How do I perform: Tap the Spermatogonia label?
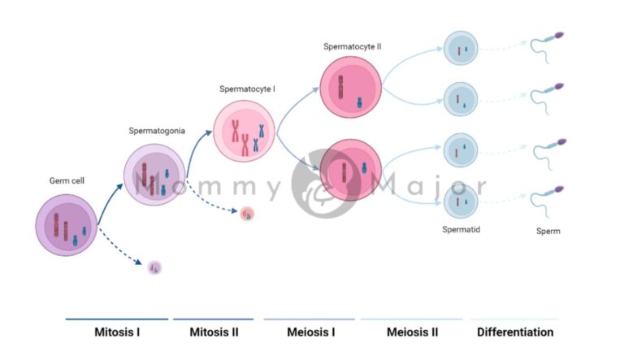pos(157,130)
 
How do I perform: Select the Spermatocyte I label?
pos(247,89)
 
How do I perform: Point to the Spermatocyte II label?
pos(352,46)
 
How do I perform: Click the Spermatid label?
pos(461,230)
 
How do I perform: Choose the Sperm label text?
pos(548,232)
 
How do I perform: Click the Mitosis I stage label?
pos(116,332)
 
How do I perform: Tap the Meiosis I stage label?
pos(310,332)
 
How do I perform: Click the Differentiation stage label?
pos(515,332)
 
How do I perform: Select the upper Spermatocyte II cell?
pos(351,86)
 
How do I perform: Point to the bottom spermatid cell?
pos(460,200)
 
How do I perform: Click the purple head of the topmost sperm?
pos(559,35)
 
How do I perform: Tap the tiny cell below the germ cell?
pos(154,267)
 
